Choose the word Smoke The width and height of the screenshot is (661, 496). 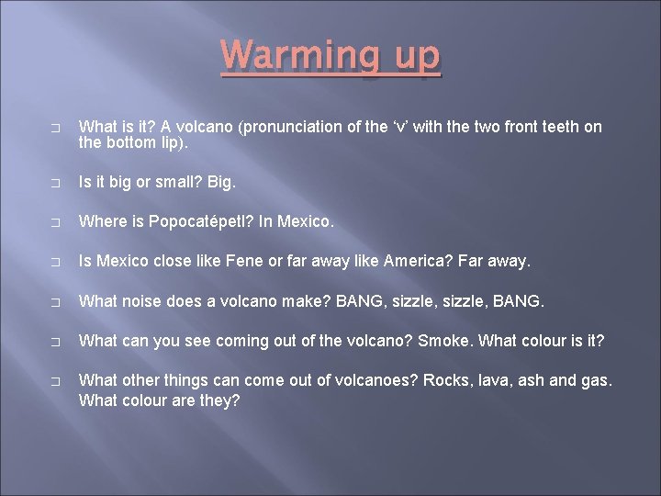(442, 340)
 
